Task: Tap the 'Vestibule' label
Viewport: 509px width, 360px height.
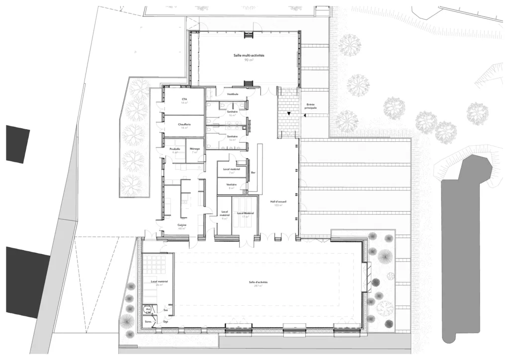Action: point(233,94)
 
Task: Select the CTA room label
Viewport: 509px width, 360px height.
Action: point(184,99)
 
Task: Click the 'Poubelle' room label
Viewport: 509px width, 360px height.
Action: point(174,149)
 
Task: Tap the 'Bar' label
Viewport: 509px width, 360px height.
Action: point(253,173)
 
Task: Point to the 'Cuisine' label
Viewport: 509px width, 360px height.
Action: point(182,225)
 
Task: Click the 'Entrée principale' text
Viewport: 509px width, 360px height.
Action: point(311,106)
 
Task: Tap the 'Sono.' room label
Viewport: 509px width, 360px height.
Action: point(148,322)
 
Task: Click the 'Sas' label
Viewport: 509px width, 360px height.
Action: point(166,309)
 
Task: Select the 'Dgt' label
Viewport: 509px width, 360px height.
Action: point(166,322)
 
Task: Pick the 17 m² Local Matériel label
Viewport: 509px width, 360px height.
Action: point(245,213)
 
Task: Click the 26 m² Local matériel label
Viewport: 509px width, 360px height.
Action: point(159,281)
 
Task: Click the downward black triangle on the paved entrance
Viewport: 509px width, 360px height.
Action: point(288,114)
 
